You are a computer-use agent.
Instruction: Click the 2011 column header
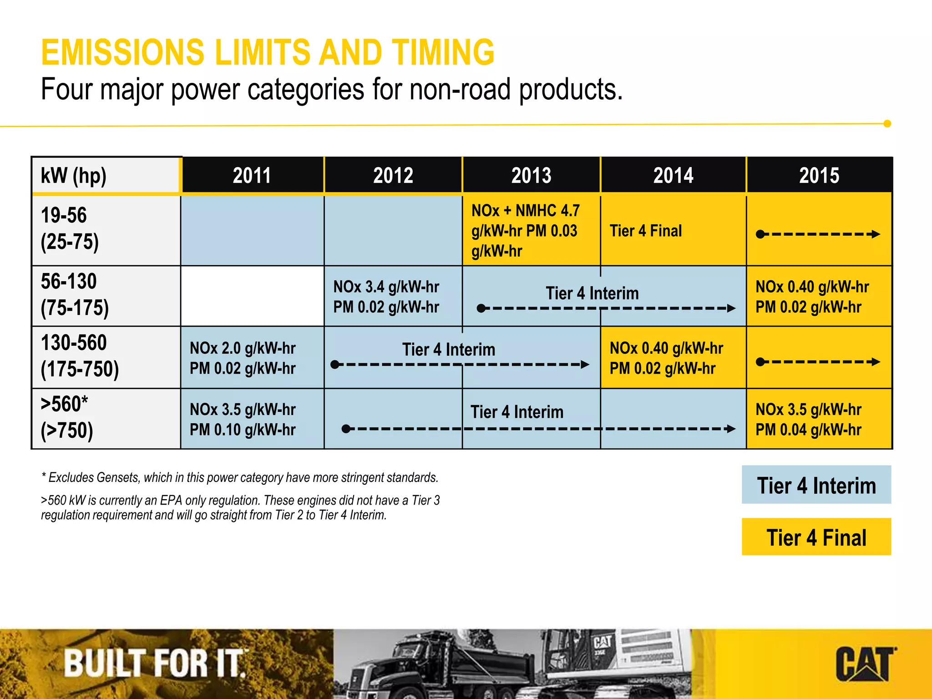click(252, 175)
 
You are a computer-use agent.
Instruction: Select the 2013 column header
click(531, 175)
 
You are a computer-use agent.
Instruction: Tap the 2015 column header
click(819, 175)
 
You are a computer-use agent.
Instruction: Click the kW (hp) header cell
click(74, 176)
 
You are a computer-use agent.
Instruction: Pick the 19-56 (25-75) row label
click(70, 228)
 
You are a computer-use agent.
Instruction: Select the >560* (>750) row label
click(67, 417)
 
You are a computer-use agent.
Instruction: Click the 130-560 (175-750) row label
click(80, 356)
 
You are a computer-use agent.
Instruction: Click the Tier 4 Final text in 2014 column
click(646, 231)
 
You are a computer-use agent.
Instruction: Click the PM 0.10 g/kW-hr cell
click(243, 429)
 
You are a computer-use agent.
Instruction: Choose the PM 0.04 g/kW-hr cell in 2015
click(808, 429)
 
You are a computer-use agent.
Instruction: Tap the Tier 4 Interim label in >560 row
click(517, 412)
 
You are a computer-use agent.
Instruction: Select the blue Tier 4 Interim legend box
click(816, 485)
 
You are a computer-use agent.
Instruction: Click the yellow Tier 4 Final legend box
click(816, 537)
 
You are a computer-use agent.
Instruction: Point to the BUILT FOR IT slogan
click(155, 663)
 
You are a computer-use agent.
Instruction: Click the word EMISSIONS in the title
click(123, 52)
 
